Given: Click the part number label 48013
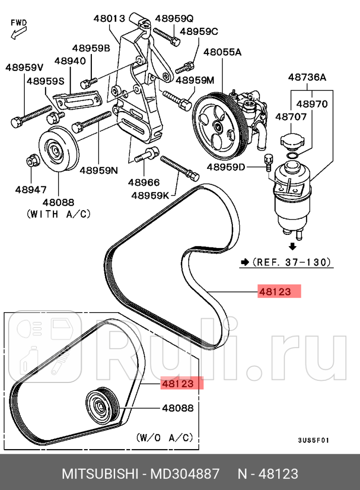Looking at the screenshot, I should tap(109, 19).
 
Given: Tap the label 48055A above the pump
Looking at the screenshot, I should tap(222, 52).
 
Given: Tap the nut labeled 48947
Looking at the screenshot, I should tap(31, 161).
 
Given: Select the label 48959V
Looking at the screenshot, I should tap(24, 67).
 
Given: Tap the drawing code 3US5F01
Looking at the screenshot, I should tap(314, 439).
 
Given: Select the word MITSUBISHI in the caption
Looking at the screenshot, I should tap(99, 474).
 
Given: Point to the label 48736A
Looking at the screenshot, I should tap(307, 77).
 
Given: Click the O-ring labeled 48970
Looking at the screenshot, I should tap(292, 156).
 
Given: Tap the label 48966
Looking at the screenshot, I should tap(143, 182).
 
